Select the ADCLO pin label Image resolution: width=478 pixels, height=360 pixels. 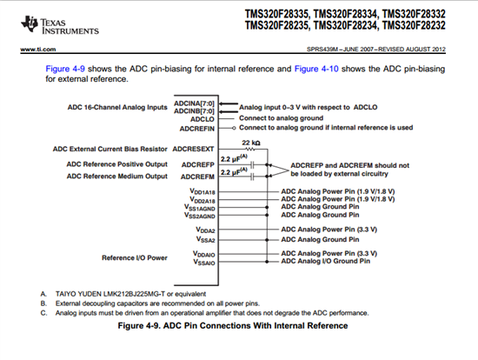pyautogui.click(x=202, y=117)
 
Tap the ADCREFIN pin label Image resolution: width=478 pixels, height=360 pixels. pyautogui.click(x=197, y=127)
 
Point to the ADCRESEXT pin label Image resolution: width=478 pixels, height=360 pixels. pyautogui.click(x=194, y=150)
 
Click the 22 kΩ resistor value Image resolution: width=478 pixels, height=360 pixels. pyautogui.click(x=252, y=142)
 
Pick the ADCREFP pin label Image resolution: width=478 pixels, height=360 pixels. pyautogui.click(x=198, y=163)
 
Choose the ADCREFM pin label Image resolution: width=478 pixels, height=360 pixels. pyautogui.click(x=198, y=174)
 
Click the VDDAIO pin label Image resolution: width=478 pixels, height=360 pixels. pyautogui.click(x=205, y=253)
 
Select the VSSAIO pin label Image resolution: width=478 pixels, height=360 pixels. pyautogui.click(x=205, y=261)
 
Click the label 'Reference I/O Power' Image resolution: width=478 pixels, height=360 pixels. pyautogui.click(x=136, y=257)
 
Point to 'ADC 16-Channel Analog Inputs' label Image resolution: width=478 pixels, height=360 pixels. pyautogui.click(x=116, y=108)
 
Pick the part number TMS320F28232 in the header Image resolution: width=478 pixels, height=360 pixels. pyautogui.click(x=419, y=26)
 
